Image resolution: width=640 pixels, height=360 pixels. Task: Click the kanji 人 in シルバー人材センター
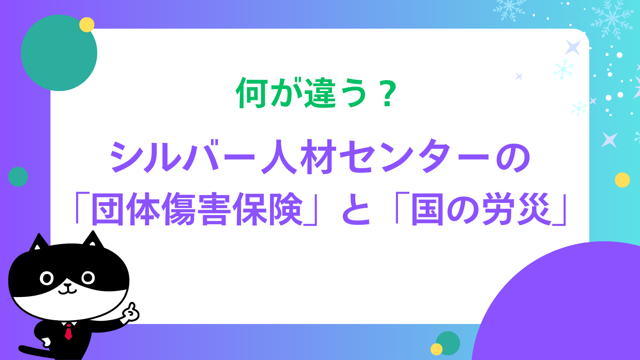(x=279, y=157)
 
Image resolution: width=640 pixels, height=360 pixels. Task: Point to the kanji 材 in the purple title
(x=318, y=157)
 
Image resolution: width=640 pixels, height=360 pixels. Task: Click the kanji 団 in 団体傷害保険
(x=109, y=209)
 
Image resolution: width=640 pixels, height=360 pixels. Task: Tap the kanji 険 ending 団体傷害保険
(x=286, y=209)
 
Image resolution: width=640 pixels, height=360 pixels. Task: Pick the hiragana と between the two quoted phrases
(x=356, y=210)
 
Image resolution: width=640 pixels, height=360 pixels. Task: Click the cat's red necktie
(x=68, y=332)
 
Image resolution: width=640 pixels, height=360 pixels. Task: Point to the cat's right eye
(x=88, y=277)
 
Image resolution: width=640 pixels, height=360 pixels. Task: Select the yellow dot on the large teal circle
(x=87, y=25)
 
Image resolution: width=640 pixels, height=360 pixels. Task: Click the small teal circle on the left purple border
(x=18, y=177)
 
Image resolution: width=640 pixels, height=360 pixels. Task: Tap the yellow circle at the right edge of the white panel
(x=622, y=180)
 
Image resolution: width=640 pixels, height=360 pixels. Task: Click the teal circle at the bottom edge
(x=448, y=343)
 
